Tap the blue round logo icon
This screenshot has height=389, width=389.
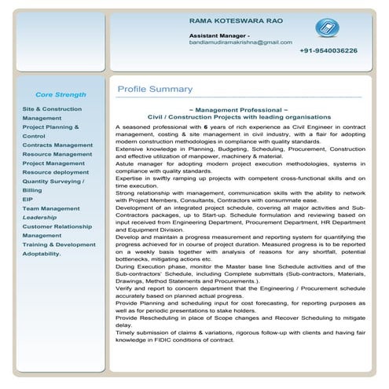click(x=325, y=29)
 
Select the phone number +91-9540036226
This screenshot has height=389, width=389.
click(x=328, y=50)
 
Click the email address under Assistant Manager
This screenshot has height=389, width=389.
click(x=240, y=42)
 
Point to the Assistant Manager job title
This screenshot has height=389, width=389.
click(x=219, y=35)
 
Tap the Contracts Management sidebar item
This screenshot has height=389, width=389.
click(x=57, y=145)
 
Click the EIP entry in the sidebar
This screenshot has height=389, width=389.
click(x=28, y=200)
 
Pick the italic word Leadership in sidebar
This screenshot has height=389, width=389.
click(x=40, y=217)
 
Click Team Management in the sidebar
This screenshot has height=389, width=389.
click(x=51, y=208)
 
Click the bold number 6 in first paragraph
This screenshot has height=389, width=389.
click(x=206, y=127)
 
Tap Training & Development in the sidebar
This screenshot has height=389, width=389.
click(x=59, y=244)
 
